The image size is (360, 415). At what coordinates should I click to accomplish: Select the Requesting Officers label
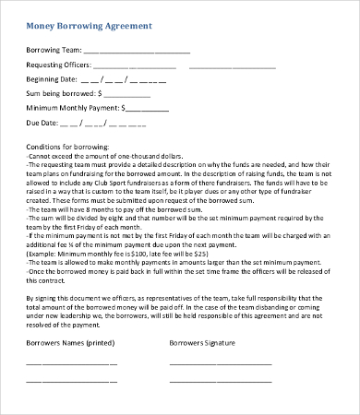(58, 65)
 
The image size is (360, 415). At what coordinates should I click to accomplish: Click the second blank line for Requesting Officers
(232, 67)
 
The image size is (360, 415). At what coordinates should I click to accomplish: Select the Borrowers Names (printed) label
(67, 342)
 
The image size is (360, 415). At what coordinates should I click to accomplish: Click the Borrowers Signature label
(202, 342)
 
